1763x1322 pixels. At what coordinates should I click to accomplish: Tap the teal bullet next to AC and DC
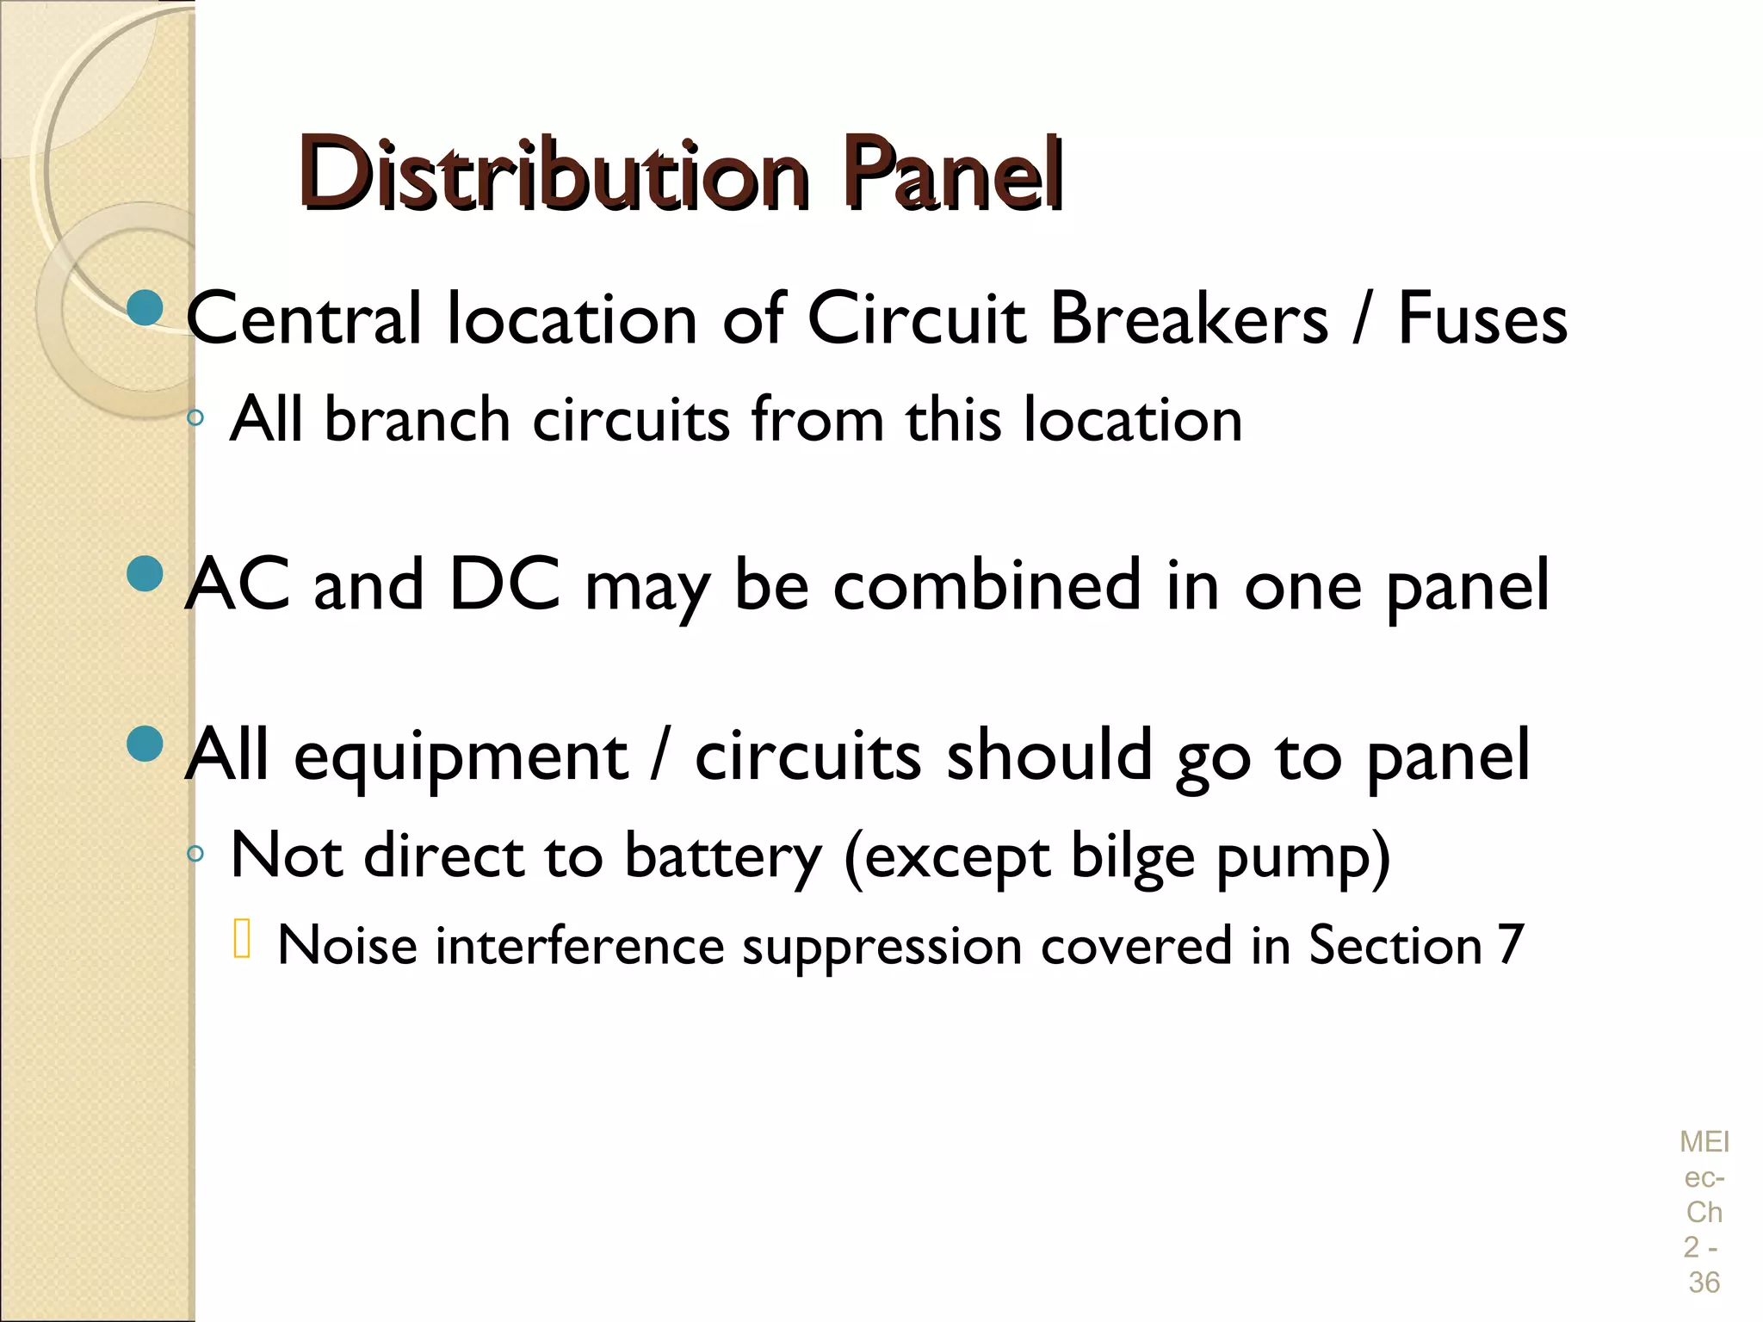(144, 574)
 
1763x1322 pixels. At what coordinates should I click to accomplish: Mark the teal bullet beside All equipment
(144, 744)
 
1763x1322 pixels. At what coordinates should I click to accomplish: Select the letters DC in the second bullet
(505, 585)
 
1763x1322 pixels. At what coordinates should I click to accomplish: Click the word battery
(723, 858)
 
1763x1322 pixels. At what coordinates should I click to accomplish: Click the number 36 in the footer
(1704, 1282)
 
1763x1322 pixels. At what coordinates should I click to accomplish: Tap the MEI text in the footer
(1704, 1142)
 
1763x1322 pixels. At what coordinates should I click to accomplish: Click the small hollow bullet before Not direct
(195, 855)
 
